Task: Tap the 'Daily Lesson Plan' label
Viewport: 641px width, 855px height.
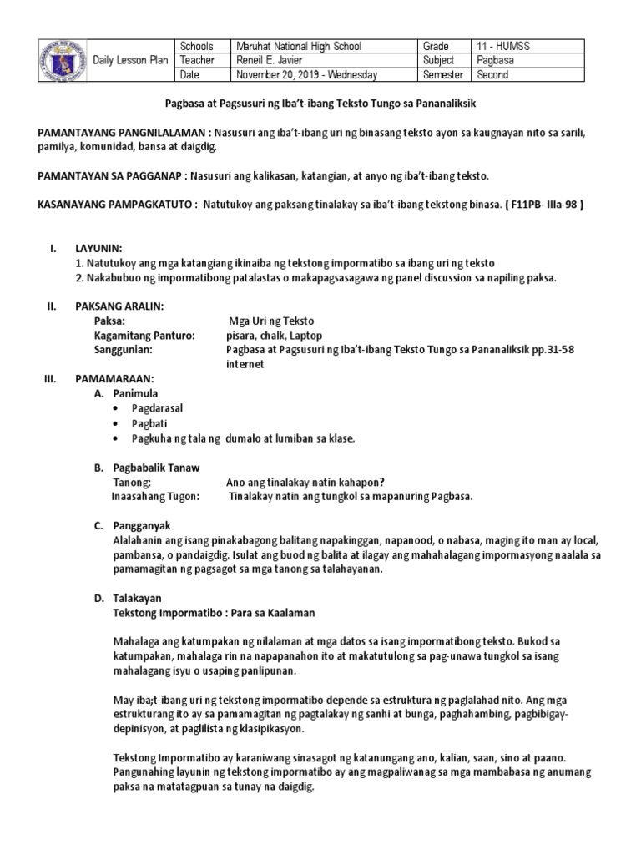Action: tap(130, 61)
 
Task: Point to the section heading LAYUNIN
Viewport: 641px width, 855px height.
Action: tap(98, 249)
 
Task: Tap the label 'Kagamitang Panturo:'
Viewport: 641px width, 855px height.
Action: tap(145, 336)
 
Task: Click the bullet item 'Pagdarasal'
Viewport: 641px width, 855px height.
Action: tap(157, 407)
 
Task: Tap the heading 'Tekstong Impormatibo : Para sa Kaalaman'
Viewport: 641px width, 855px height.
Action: tap(213, 613)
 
